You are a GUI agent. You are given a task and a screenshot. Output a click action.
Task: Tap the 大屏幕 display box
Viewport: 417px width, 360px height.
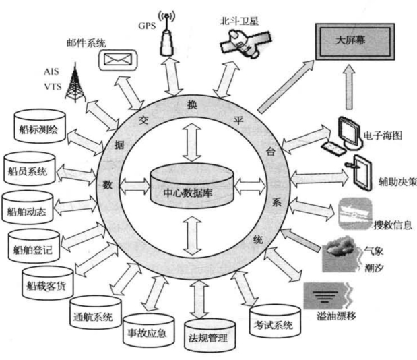point(354,43)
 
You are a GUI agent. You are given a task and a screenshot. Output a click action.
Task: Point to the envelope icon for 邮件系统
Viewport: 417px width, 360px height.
point(115,60)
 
